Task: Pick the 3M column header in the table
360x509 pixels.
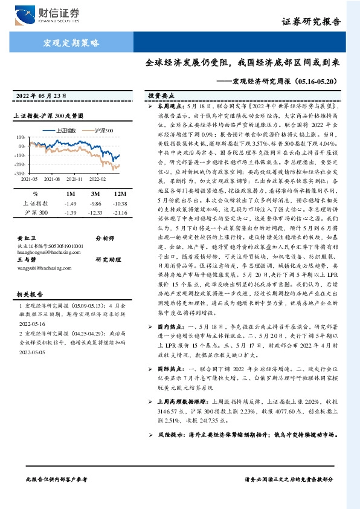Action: pyautogui.click(x=95, y=194)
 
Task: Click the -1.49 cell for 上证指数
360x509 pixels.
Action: pyautogui.click(x=71, y=204)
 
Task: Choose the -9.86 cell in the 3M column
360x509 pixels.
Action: pyautogui.click(x=95, y=204)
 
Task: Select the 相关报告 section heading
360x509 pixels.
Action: pyautogui.click(x=28, y=294)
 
